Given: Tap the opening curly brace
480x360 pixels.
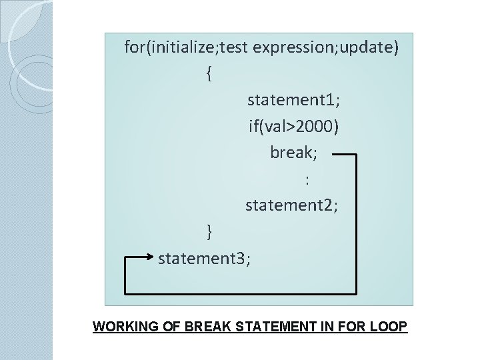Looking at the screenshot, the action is (210, 74).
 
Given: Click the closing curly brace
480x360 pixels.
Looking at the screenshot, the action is (210, 231).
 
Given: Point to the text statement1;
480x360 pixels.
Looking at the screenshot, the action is (293, 100).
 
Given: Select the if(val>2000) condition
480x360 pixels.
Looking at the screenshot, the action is (293, 126).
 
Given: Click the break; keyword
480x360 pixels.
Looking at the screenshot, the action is (293, 153).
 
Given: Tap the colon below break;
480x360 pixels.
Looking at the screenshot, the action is (307, 179).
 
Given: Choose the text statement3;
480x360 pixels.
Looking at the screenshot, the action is (205, 257).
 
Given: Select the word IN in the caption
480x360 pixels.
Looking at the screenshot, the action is (332, 328).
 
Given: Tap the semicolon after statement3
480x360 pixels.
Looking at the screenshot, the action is (249, 259).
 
